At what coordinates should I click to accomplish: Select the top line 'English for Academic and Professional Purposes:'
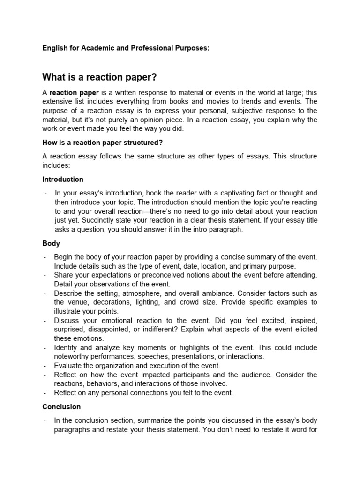pos(126,49)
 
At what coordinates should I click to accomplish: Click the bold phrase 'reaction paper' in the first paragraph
pos(72,92)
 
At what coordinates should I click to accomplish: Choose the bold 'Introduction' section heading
pos(63,179)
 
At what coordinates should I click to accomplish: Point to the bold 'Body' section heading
pos(51,244)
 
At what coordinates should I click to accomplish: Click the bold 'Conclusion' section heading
pos(61,407)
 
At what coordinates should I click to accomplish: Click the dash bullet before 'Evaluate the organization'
pos(44,366)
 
